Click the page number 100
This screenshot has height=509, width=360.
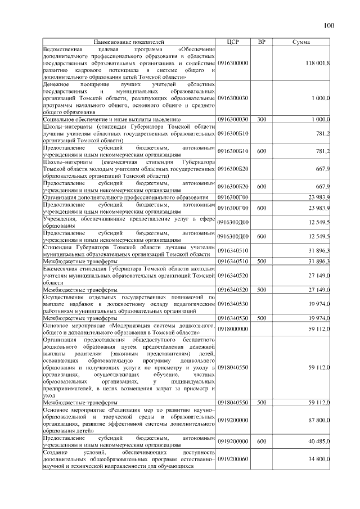pos(329,25)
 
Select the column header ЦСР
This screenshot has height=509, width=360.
pos(233,42)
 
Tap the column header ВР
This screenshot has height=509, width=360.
pos(262,42)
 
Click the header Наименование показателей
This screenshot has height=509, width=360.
pos(129,42)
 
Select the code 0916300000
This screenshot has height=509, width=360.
pos(233,63)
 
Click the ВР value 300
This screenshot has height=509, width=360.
pos(262,119)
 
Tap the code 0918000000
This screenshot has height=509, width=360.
pos(233,328)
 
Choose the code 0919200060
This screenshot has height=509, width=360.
pos(233,460)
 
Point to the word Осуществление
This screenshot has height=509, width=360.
pos(67,296)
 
